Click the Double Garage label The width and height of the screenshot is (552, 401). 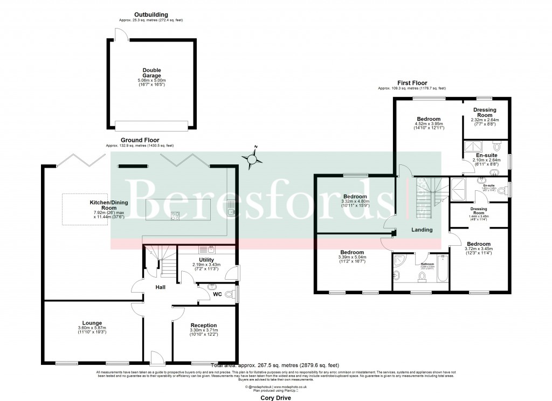pos(151,73)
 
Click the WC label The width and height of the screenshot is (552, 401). pos(217,294)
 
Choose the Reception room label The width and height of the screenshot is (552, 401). pos(203,325)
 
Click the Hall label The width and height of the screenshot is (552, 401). pos(160,287)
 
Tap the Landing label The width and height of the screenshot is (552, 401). pos(422,230)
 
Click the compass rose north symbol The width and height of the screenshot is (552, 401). pos(251,158)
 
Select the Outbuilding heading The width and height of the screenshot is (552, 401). pos(151,15)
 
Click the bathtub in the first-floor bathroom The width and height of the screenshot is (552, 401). pos(441,268)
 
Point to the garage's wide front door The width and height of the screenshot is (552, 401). pos(151,126)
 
